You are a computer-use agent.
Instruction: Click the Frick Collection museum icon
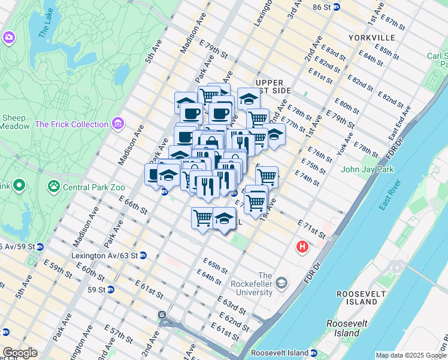pos(118,124)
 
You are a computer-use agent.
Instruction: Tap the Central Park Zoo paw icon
pos(54,186)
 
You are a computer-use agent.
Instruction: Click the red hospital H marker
pos(303,247)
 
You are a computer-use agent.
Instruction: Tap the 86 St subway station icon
pos(337,7)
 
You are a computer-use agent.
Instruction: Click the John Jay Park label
pos(367,169)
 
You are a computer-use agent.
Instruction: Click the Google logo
pos(19,353)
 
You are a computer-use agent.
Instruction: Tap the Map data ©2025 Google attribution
pos(410,355)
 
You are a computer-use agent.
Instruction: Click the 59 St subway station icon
pos(110,289)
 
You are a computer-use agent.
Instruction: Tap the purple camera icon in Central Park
pos(8,37)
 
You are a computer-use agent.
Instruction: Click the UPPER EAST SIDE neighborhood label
pos(273,86)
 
